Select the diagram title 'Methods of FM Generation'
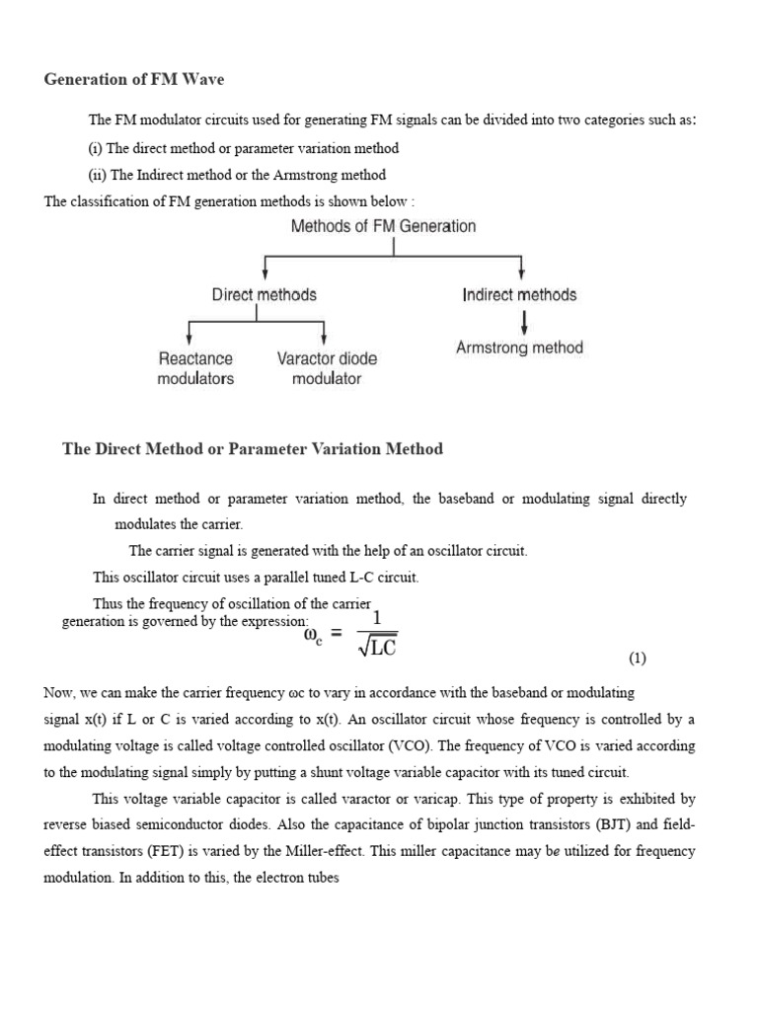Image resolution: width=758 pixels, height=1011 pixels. click(383, 226)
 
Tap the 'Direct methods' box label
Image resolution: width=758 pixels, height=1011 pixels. click(264, 294)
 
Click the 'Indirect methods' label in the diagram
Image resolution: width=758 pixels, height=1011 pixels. click(519, 294)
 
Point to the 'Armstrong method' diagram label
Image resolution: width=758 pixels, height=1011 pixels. click(519, 348)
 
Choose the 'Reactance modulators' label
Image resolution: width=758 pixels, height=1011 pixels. click(195, 368)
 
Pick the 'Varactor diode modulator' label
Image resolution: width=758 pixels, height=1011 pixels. click(327, 368)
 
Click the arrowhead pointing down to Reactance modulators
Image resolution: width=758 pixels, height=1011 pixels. click(189, 338)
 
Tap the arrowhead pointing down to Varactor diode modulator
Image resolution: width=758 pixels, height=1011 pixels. click(324, 338)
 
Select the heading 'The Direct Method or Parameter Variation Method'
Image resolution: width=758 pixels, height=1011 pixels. click(253, 449)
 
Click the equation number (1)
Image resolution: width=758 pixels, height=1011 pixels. click(637, 659)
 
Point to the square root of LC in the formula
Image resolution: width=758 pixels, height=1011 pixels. click(375, 645)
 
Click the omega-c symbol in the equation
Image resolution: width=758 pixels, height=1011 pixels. click(314, 637)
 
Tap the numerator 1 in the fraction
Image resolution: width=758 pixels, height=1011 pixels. click(376, 616)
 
